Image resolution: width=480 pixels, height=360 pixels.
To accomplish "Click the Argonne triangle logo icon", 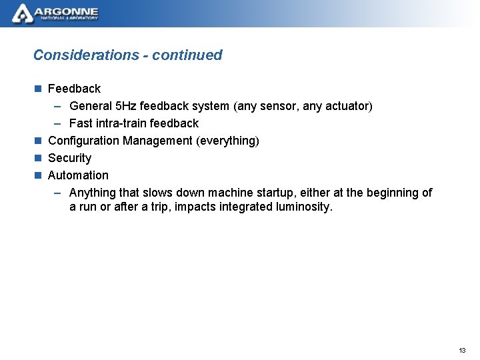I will [x=22, y=13].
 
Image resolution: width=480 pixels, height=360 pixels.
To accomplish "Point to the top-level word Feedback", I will [x=74, y=89].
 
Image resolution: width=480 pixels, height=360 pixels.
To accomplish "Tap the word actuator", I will [x=347, y=106].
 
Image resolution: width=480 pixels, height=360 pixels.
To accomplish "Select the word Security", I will [x=69, y=158].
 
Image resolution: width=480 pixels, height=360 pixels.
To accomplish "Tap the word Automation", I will [x=78, y=175].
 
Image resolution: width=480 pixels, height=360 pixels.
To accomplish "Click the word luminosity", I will [x=303, y=207].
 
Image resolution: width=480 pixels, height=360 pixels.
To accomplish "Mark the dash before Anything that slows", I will [x=58, y=193].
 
